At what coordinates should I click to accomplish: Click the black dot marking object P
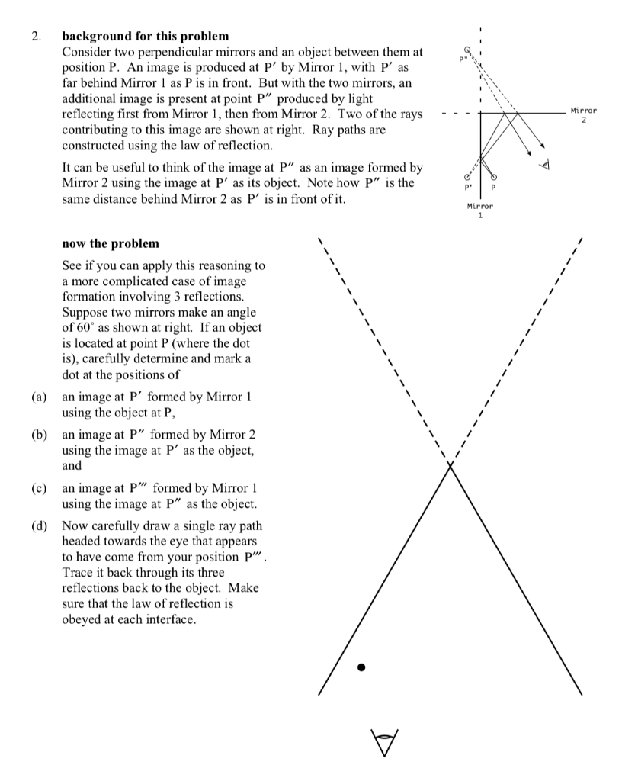point(362,667)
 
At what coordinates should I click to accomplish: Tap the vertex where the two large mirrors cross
point(450,467)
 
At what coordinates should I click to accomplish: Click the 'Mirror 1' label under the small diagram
point(480,210)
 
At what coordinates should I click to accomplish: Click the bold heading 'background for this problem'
point(145,35)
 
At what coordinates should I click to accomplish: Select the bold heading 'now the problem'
point(111,243)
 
